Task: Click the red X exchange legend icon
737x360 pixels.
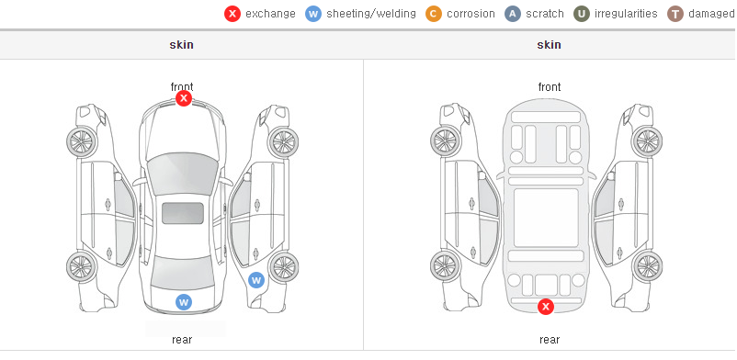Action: (x=232, y=14)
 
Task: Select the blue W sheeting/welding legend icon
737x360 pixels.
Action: (x=313, y=14)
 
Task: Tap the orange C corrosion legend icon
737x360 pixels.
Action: (x=434, y=14)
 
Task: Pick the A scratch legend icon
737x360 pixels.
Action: (x=513, y=14)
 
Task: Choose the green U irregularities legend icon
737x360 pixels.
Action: (x=582, y=14)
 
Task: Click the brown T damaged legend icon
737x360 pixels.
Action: (x=675, y=14)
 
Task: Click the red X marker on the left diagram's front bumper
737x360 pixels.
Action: (x=184, y=98)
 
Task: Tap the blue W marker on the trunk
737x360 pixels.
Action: (x=184, y=302)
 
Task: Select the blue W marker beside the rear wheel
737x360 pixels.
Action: (x=256, y=281)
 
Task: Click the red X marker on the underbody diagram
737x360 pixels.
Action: (x=546, y=307)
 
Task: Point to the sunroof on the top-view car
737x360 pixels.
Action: (x=183, y=213)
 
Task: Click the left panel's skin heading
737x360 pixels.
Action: (x=181, y=45)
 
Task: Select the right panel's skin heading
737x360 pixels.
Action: (x=549, y=45)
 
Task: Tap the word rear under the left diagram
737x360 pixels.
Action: (x=182, y=340)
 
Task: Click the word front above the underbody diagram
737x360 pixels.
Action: (x=550, y=87)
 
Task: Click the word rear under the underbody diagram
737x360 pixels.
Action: (x=550, y=340)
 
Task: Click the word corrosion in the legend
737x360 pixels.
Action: (x=471, y=14)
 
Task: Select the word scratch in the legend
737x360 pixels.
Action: (x=545, y=14)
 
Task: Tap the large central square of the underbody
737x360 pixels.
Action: (x=546, y=218)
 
